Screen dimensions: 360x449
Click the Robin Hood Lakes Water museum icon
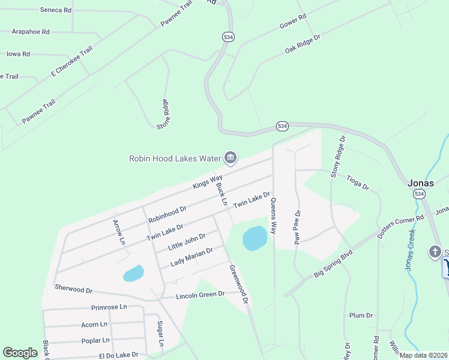tap(229, 158)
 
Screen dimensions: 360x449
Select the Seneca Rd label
tap(56, 10)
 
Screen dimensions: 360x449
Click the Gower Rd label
tap(293, 22)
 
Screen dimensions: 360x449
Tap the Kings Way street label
tap(208, 182)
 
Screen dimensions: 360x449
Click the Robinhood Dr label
tap(167, 214)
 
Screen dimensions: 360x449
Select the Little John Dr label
tap(187, 242)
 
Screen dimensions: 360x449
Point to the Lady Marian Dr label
tap(191, 257)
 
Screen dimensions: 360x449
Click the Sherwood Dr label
tap(73, 289)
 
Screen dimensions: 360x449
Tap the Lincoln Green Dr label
tap(200, 295)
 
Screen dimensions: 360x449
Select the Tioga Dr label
tap(358, 182)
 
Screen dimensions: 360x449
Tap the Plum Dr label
tap(361, 315)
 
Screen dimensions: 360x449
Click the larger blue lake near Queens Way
tap(255, 239)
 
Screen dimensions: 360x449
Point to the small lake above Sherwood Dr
tap(133, 274)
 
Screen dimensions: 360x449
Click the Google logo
tap(20, 353)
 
